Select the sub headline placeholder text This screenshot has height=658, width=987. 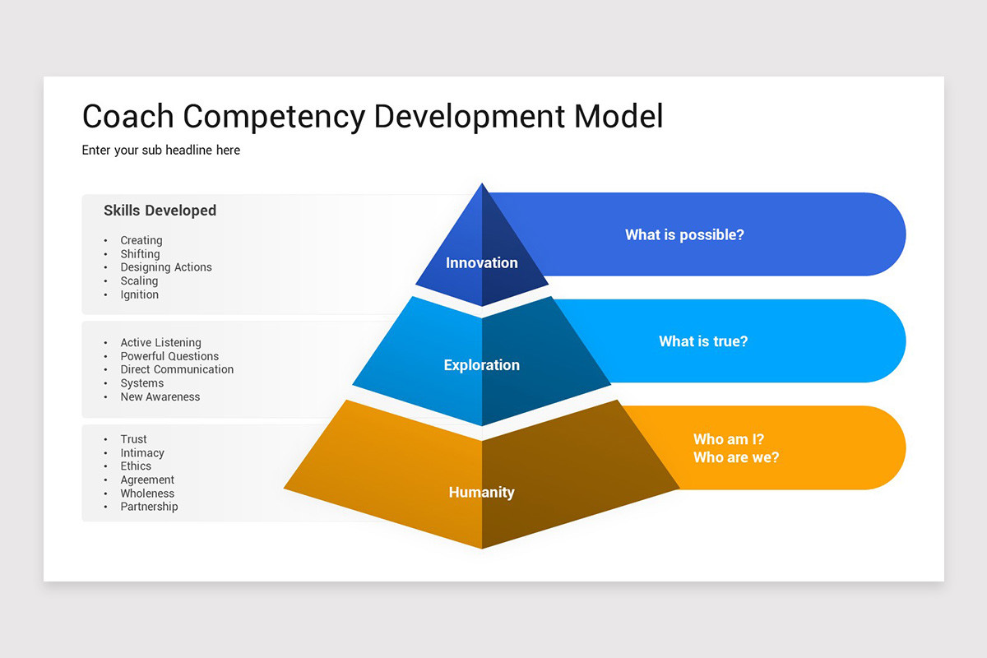coord(161,151)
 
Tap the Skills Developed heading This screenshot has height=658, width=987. coord(160,211)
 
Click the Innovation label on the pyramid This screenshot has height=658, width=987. coord(482,263)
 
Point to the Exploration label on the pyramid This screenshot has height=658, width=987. coord(482,365)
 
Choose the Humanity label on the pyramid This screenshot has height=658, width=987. coord(482,493)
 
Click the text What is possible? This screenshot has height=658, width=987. coord(684,235)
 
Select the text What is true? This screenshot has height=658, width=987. coord(703,341)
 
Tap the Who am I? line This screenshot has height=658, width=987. coord(729,439)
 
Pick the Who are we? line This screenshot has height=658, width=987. coord(736,457)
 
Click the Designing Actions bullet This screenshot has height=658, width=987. coord(166,267)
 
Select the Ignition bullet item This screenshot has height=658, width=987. coord(140,294)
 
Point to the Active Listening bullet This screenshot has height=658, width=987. coord(161,343)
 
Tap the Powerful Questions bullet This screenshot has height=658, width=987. coord(169,356)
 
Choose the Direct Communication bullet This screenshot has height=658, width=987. coord(177,370)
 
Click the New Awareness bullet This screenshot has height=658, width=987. coord(160,397)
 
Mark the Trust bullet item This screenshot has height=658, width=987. coord(134,439)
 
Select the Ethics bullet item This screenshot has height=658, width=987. coord(136,466)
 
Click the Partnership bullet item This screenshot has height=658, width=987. coord(149,507)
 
